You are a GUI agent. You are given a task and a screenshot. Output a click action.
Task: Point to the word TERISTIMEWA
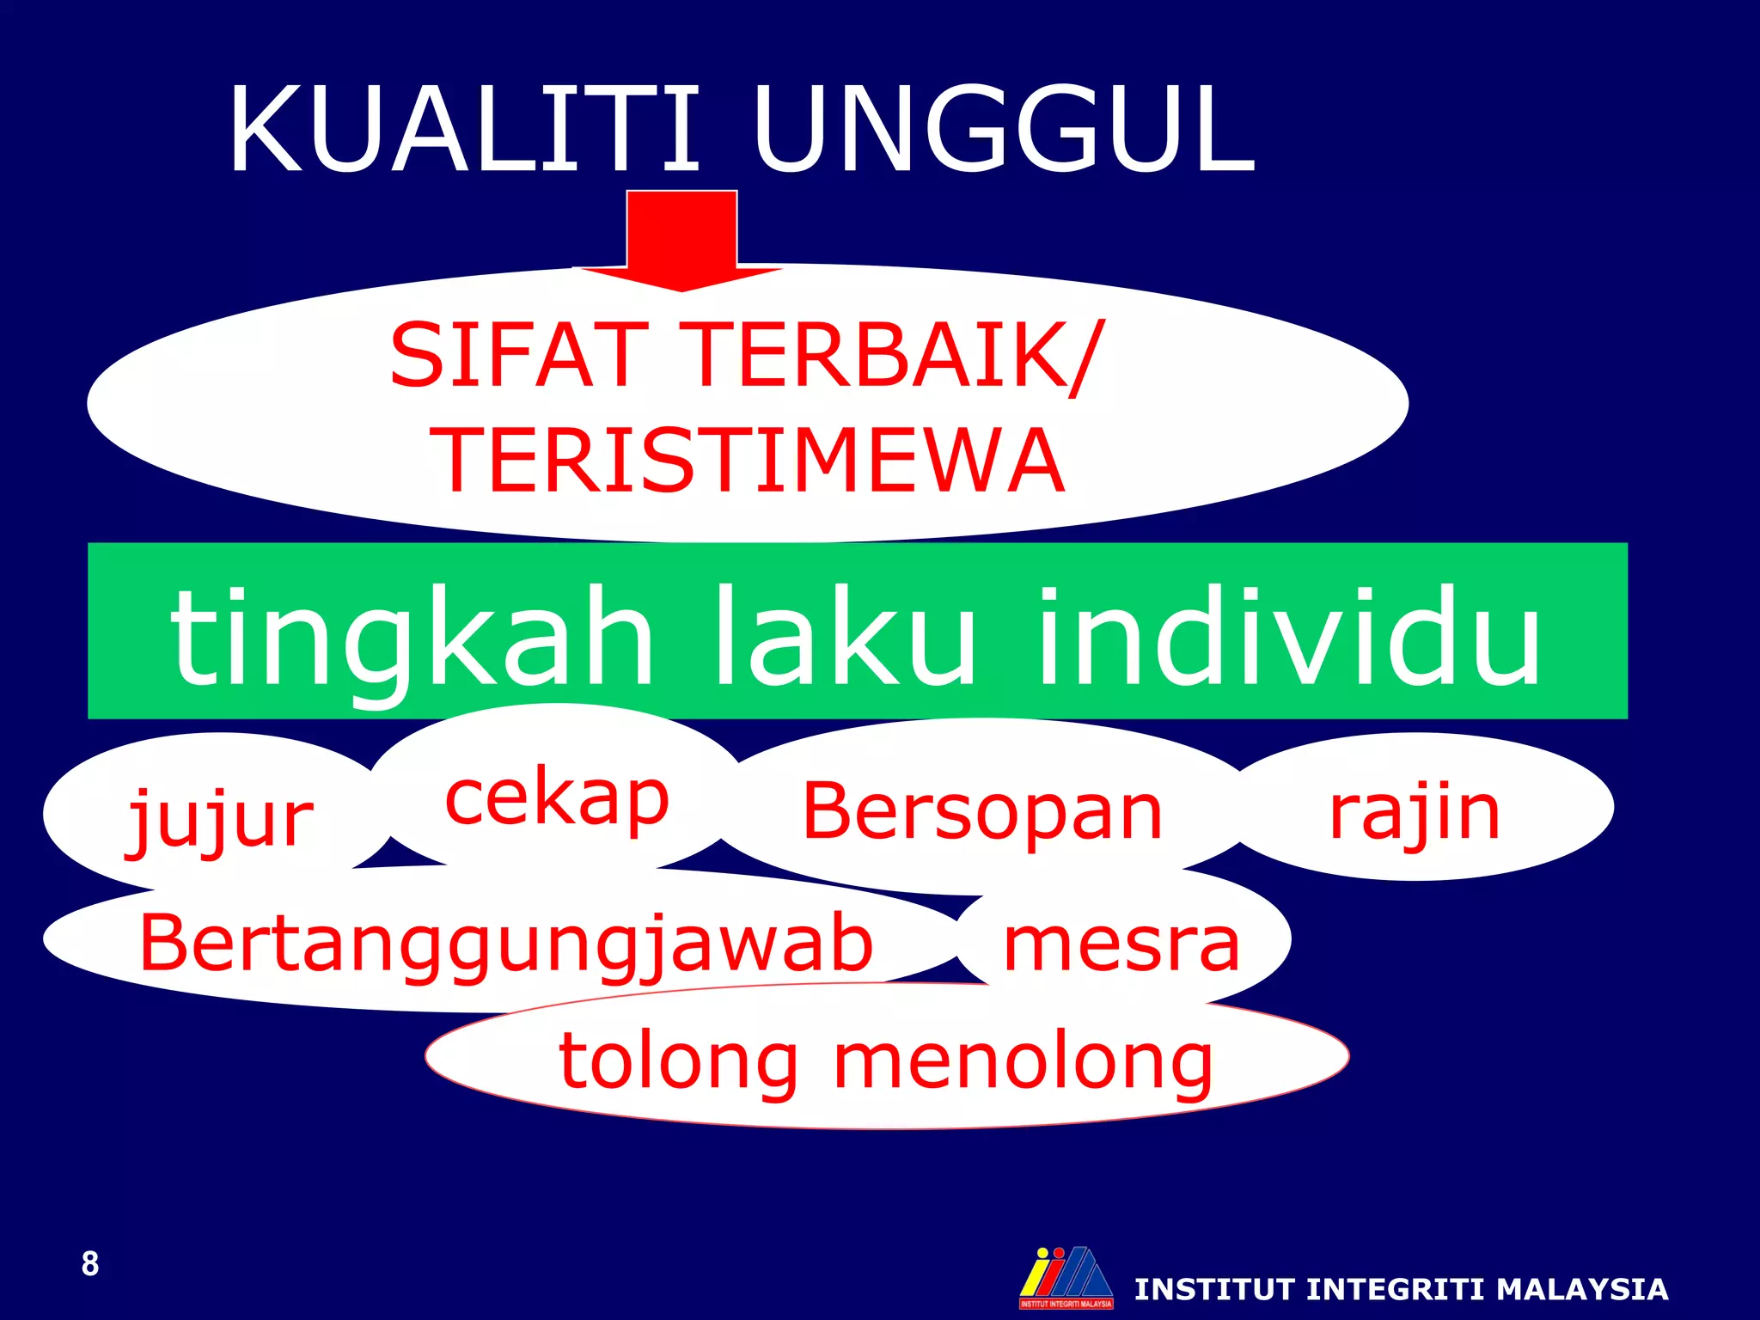tap(751, 461)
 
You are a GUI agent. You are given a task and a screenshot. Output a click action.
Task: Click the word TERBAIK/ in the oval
tap(894, 355)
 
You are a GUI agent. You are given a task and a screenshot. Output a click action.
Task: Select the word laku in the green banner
tap(844, 636)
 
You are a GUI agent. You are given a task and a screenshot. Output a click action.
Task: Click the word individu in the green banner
tap(1289, 636)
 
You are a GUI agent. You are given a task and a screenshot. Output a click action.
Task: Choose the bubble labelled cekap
tap(557, 797)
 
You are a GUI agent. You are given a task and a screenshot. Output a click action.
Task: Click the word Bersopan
tap(982, 811)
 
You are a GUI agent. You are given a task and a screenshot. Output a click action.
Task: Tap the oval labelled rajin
tap(1415, 811)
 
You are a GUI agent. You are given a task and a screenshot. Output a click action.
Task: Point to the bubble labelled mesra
tap(1122, 944)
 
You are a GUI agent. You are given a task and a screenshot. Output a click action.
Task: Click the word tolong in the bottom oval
tap(679, 1060)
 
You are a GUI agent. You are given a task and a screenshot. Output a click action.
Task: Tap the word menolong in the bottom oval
tap(1023, 1060)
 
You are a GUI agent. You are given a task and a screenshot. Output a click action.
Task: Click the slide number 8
tap(90, 1264)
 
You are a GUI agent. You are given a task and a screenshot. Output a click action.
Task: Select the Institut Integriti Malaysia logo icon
tap(1066, 1277)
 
